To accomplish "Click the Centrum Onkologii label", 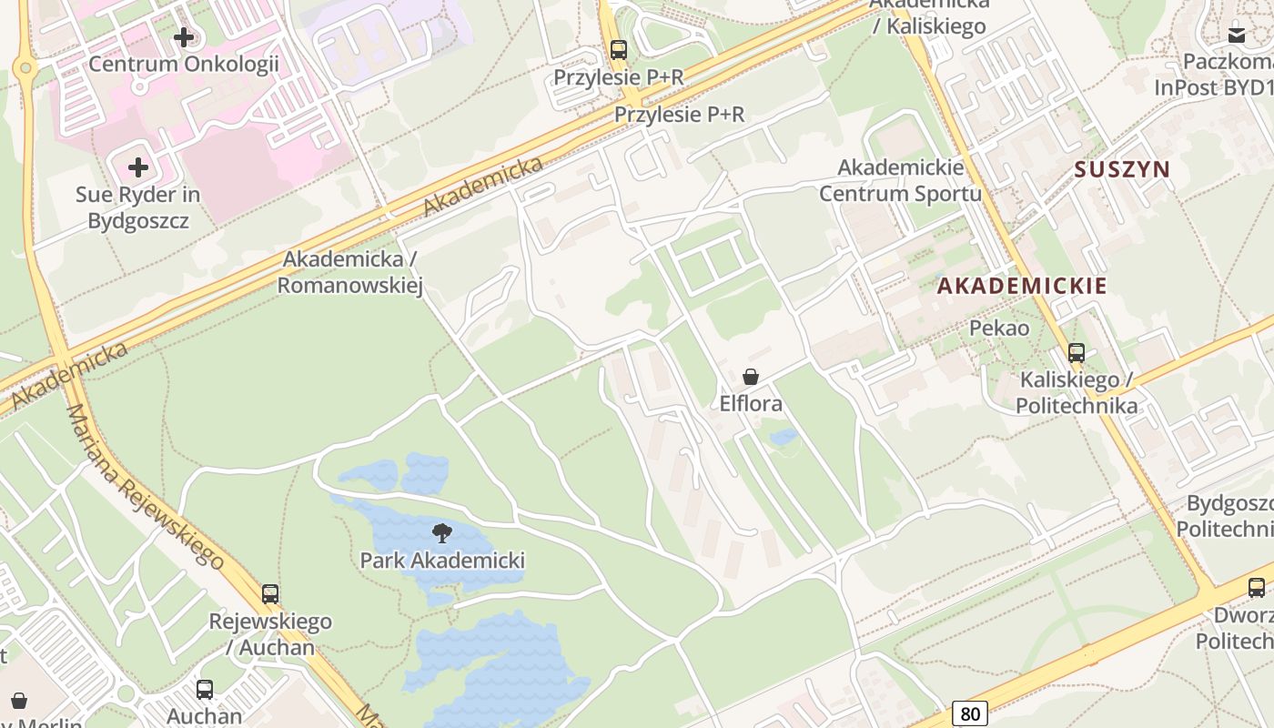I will tap(183, 64).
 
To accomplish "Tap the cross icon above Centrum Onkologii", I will tap(184, 37).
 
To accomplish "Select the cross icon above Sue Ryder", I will tap(138, 167).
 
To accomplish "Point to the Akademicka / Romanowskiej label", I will tap(349, 272).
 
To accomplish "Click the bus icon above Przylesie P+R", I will tap(619, 50).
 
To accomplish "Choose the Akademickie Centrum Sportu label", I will tap(900, 180).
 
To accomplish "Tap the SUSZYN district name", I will tap(1121, 169).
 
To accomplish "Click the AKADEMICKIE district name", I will tap(1022, 286).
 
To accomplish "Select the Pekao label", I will tap(999, 328).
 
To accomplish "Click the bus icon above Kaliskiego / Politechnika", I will tap(1077, 353).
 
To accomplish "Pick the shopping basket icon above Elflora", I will tap(751, 377).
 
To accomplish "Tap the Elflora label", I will tap(751, 403).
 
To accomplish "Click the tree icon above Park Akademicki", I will tap(442, 533).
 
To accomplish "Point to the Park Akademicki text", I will tap(442, 560).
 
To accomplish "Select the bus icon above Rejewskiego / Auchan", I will tap(270, 594).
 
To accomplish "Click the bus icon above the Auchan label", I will tap(205, 690).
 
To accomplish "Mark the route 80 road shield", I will tap(970, 713).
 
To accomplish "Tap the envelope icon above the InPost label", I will tap(1237, 35).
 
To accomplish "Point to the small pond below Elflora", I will tap(784, 438).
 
